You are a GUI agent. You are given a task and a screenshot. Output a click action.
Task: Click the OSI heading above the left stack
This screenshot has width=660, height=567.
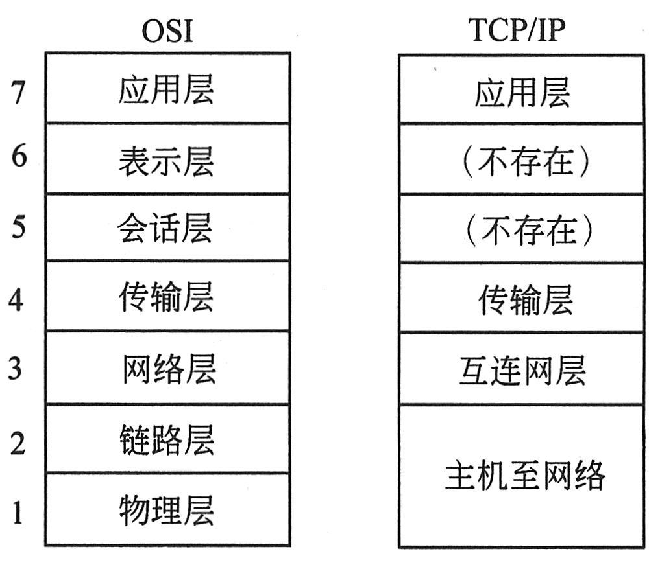click(x=167, y=30)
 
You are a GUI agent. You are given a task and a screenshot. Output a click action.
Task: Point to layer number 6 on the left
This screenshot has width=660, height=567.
click(x=18, y=156)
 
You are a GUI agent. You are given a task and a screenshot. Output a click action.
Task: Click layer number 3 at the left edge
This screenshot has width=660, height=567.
click(x=16, y=368)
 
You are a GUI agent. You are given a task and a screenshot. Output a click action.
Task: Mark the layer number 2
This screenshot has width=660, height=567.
click(x=18, y=443)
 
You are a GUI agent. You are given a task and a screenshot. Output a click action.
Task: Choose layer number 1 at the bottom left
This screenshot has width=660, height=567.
click(x=18, y=512)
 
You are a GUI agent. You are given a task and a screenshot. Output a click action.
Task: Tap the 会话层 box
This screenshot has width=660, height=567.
click(x=167, y=228)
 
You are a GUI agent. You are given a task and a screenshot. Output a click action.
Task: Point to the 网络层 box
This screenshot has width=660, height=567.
click(x=167, y=368)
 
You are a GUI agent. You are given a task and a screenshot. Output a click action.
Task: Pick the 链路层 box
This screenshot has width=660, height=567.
click(x=167, y=439)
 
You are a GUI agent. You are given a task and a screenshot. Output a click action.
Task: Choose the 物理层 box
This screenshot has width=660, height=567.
click(x=167, y=509)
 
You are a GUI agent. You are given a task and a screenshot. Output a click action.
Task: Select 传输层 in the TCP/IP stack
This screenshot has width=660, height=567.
click(x=522, y=299)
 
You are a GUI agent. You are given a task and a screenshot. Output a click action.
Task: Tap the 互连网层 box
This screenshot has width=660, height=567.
click(x=522, y=370)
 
